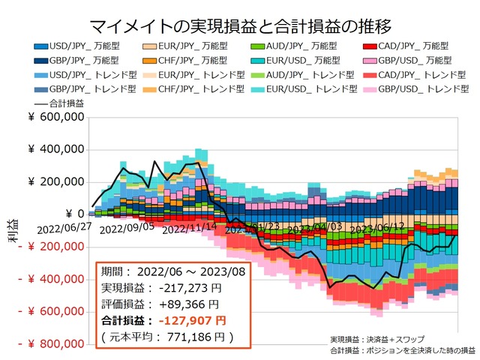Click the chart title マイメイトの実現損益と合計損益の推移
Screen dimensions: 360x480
click(239, 28)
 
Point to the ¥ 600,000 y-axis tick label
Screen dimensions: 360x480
click(55, 116)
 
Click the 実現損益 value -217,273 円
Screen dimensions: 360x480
click(190, 288)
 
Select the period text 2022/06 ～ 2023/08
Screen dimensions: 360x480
click(190, 271)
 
